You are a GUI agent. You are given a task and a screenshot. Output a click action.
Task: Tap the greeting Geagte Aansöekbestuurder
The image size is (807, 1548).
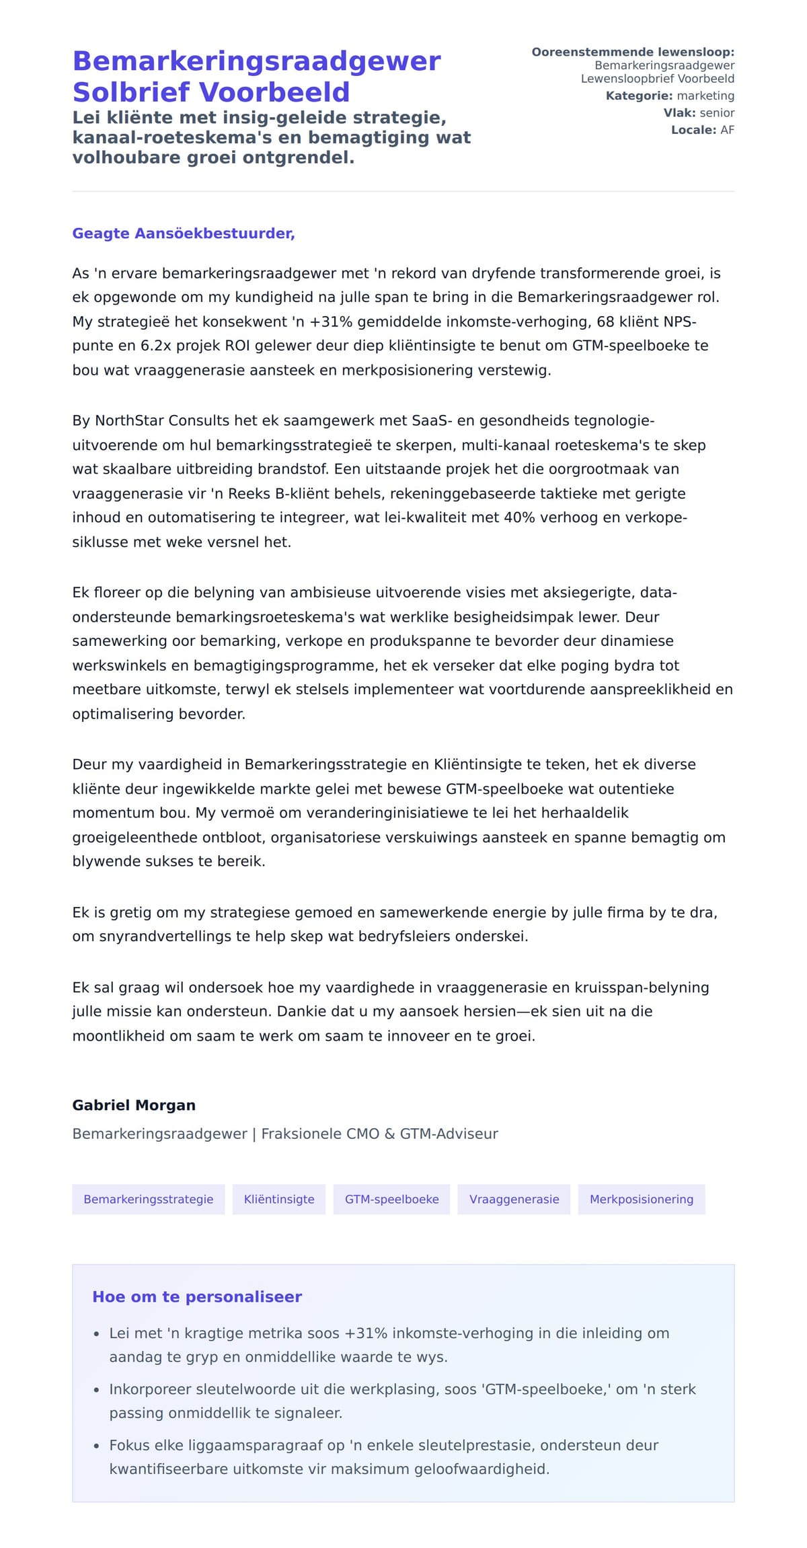click(x=184, y=233)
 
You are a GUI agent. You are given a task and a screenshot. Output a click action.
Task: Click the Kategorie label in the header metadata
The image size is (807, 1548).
click(x=639, y=96)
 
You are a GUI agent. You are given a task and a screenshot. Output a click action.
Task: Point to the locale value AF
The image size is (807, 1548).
click(x=727, y=130)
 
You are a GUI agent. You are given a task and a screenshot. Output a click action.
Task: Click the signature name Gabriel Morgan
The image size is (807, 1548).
click(x=134, y=1105)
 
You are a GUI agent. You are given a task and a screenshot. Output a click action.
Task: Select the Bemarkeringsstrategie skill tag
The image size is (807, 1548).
click(x=148, y=1199)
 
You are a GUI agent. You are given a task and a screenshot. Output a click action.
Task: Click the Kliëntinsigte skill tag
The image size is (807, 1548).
click(x=279, y=1199)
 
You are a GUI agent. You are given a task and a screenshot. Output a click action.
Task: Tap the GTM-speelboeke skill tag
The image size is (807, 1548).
click(x=391, y=1199)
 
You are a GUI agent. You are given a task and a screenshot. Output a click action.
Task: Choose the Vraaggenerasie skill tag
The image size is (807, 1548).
click(x=514, y=1199)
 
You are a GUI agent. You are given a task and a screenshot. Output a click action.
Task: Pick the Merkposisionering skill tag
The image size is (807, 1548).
click(x=641, y=1199)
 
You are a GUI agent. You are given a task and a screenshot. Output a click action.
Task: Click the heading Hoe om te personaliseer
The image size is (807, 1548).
click(x=197, y=1296)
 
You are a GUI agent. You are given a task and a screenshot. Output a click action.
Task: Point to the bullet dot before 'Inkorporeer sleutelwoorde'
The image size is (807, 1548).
click(x=96, y=1390)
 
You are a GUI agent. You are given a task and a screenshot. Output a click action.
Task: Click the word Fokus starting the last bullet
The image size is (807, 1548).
click(x=128, y=1445)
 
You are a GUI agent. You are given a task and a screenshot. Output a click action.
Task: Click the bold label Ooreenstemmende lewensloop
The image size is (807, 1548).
click(x=632, y=52)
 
